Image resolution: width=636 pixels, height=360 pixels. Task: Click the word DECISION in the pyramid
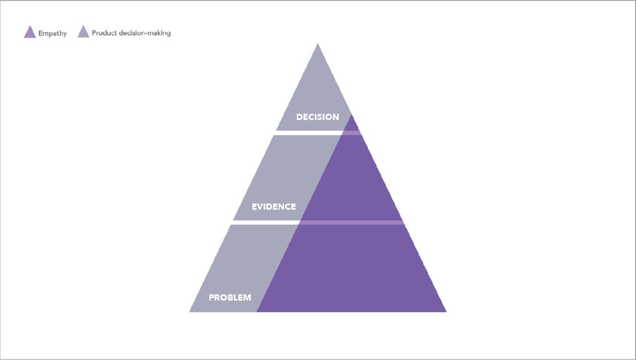click(x=317, y=117)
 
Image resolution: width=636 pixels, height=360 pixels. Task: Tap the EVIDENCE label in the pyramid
click(x=274, y=207)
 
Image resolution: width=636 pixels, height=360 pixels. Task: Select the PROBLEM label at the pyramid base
click(x=230, y=298)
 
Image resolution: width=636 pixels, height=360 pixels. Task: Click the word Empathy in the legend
click(x=53, y=33)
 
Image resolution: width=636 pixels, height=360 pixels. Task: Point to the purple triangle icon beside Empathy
click(x=30, y=32)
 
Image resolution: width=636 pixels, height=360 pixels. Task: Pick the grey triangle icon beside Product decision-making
click(x=83, y=32)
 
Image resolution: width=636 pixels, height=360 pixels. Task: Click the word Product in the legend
click(x=103, y=33)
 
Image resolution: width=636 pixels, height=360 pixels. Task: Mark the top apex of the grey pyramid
click(x=317, y=43)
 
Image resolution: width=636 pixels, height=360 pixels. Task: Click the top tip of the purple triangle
click(x=352, y=115)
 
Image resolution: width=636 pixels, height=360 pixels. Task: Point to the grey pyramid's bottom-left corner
click(x=190, y=312)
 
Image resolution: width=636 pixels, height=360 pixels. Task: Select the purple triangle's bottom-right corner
click(x=446, y=312)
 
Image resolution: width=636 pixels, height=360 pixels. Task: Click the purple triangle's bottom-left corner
click(x=257, y=312)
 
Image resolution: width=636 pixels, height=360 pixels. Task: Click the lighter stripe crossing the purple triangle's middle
click(x=352, y=222)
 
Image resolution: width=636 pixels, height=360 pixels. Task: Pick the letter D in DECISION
click(x=299, y=117)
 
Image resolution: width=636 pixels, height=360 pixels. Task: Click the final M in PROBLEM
click(x=247, y=298)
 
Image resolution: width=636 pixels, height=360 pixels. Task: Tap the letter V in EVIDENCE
click(x=261, y=207)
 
